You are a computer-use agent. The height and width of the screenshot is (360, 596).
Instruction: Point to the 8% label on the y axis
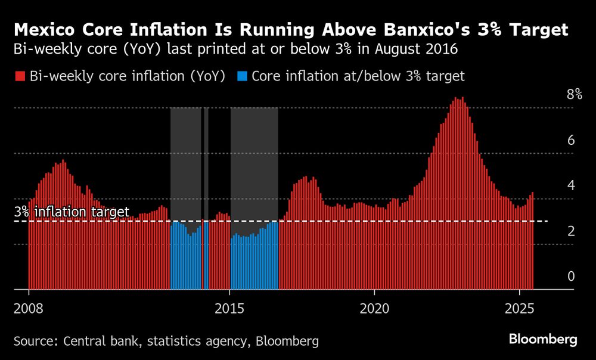(x=574, y=94)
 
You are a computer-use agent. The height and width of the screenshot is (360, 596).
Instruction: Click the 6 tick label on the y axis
(x=570, y=141)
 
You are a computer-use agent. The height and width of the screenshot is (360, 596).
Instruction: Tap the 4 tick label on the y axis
(x=570, y=185)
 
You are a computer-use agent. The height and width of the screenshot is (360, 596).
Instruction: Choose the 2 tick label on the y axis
(x=570, y=231)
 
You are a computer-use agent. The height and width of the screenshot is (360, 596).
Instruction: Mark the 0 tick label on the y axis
(x=570, y=277)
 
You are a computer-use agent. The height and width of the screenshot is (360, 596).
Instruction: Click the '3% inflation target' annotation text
(x=72, y=212)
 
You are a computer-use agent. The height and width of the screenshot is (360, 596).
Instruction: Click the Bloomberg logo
(x=543, y=340)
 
